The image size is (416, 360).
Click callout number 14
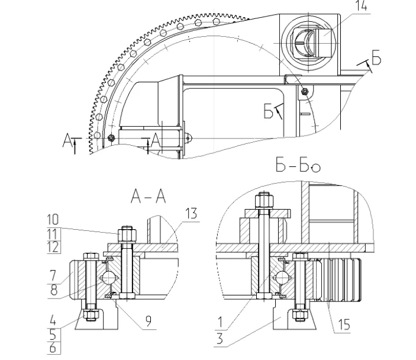point(362,5)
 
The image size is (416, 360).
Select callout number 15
point(344,324)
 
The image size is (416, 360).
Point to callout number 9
point(149,321)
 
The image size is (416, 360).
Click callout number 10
point(53,220)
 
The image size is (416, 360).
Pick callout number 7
point(53,275)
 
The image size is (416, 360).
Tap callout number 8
point(54,290)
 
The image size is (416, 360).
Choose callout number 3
point(220,339)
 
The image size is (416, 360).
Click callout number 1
point(220,322)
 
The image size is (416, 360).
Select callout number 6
point(53,348)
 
